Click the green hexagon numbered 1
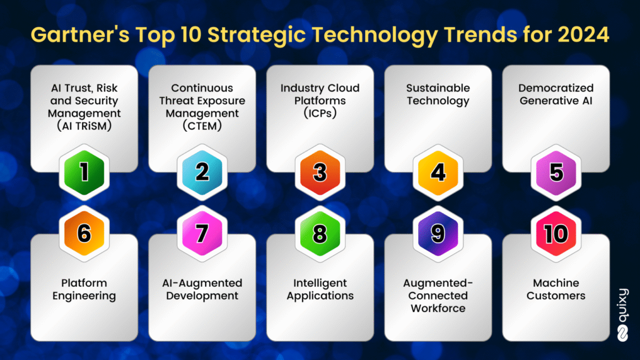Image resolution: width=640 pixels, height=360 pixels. [84, 173]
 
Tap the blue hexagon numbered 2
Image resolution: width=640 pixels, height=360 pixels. [202, 173]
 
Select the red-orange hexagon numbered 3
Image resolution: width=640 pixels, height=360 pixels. [320, 173]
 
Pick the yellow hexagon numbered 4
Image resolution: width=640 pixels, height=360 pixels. [438, 173]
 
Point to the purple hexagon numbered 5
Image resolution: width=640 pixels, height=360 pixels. [556, 173]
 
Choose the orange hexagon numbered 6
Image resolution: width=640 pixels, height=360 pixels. [84, 233]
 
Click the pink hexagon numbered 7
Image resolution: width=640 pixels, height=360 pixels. [202, 233]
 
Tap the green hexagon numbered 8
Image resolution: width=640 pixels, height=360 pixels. [320, 233]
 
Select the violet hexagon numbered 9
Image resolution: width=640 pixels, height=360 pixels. [438, 233]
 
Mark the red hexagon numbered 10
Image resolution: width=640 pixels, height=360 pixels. [556, 233]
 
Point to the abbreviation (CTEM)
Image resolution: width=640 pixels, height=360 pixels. [202, 126]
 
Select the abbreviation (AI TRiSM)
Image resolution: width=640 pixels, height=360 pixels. [84, 126]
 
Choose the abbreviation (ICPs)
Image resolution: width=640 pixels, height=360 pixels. [320, 113]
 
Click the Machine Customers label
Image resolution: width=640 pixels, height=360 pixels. [556, 289]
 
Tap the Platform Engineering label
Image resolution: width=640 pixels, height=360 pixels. [84, 289]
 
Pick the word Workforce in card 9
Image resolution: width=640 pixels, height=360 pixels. [438, 308]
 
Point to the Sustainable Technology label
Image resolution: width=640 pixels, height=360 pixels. [438, 95]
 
